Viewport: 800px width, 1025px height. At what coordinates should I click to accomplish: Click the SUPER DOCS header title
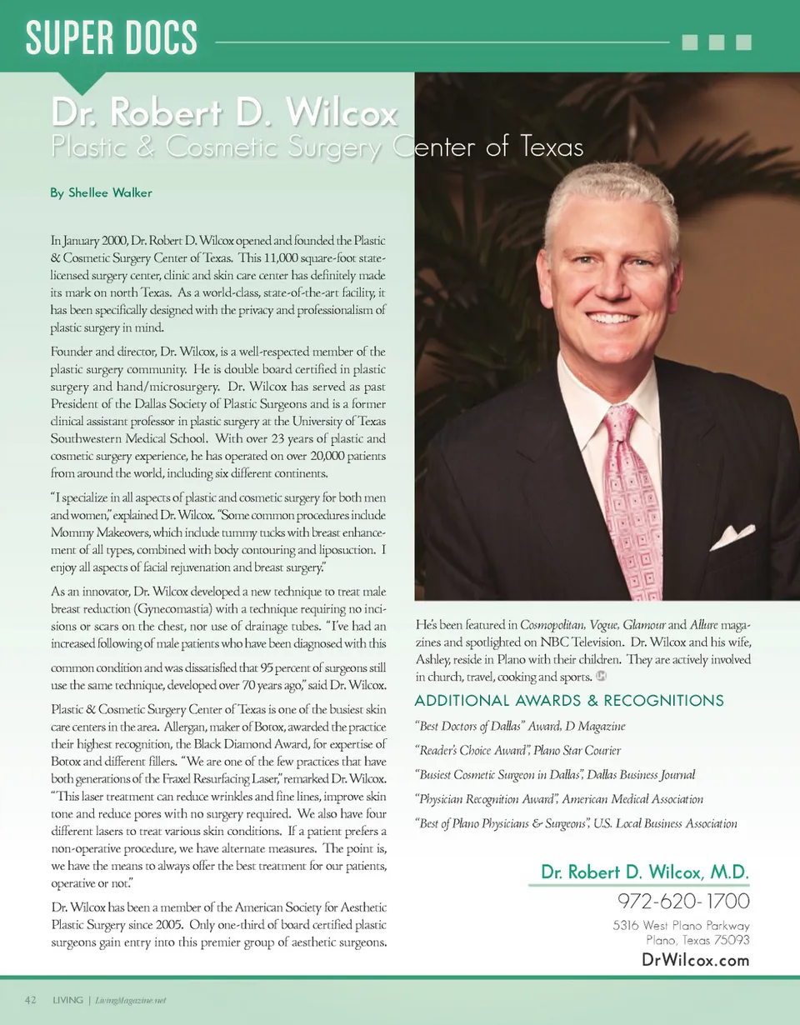(x=112, y=38)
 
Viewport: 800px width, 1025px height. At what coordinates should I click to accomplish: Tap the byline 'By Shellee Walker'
(x=101, y=192)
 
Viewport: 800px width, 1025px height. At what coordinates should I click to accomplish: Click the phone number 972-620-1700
(x=683, y=901)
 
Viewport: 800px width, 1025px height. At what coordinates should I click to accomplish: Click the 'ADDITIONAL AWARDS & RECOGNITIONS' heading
(x=569, y=700)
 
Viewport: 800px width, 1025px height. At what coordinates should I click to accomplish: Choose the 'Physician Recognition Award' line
(x=558, y=799)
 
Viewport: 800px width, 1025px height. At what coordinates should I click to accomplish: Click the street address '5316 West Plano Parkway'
(x=681, y=926)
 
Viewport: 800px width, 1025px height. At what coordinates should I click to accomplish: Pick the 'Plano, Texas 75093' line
(x=697, y=940)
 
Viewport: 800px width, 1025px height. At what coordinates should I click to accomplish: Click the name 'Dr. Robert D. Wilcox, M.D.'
(x=645, y=872)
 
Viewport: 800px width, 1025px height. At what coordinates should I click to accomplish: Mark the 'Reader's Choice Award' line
(x=517, y=751)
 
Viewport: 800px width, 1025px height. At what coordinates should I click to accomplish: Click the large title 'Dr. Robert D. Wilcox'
(x=225, y=113)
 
